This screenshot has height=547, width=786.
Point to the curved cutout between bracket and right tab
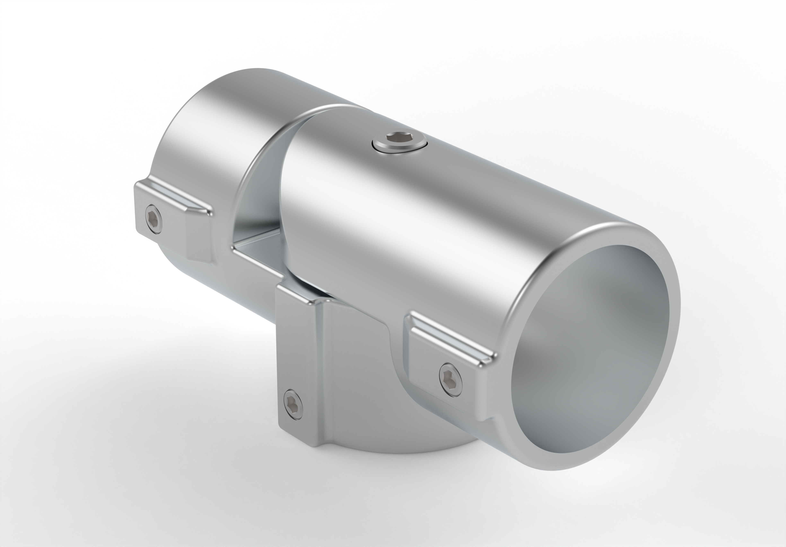click(x=397, y=353)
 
